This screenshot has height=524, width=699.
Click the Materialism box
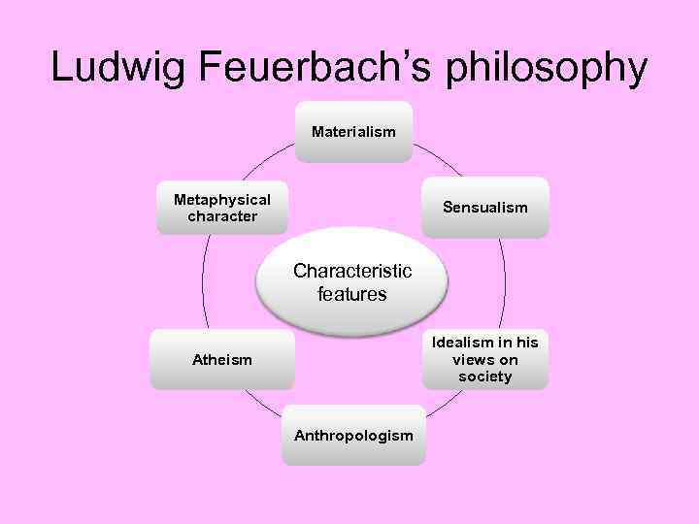353,132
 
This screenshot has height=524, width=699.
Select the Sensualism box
484,208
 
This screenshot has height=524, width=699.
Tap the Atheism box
221,360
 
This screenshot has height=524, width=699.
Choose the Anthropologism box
353,435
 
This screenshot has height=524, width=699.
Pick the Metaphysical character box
222,208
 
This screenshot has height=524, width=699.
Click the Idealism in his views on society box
484,359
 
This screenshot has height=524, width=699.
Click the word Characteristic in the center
352,271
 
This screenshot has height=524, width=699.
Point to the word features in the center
352,294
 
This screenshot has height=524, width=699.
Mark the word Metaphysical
222,199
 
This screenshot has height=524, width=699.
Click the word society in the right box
484,377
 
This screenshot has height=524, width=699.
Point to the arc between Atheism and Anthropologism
260,406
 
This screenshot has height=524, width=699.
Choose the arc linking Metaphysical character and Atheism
203,281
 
